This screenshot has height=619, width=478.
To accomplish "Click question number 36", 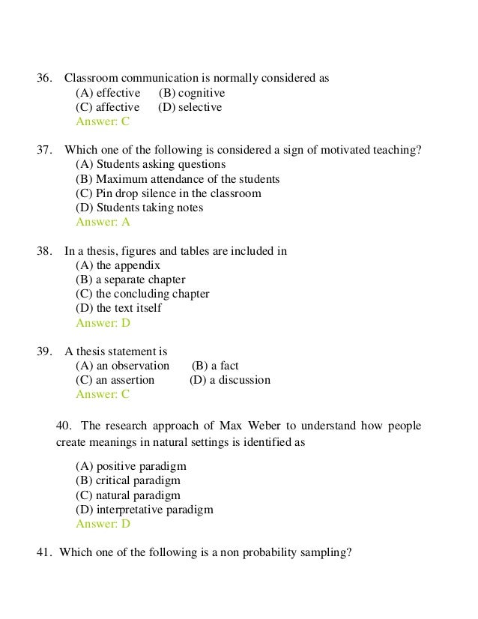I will click(x=44, y=78).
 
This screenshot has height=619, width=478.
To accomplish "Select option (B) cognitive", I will click(x=192, y=93).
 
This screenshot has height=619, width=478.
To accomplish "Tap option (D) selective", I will click(x=190, y=107).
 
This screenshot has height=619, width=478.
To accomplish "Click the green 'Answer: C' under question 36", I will click(x=103, y=121).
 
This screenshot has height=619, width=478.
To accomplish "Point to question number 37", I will click(x=44, y=150).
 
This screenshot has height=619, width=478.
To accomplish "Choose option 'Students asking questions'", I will click(x=151, y=164).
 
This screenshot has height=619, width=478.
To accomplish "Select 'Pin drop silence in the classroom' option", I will click(x=169, y=193).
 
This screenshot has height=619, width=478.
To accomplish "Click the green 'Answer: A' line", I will click(x=103, y=222).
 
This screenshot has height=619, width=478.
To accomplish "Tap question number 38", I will click(x=44, y=251).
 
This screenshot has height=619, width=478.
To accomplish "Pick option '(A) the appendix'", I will click(x=118, y=265).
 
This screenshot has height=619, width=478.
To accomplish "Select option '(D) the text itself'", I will click(x=118, y=308).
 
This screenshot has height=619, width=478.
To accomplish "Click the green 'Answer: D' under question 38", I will click(x=103, y=323).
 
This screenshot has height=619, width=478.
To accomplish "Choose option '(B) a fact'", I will click(x=215, y=366).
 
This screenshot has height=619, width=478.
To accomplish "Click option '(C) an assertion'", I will click(x=115, y=380).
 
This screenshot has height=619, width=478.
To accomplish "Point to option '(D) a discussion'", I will click(x=230, y=380).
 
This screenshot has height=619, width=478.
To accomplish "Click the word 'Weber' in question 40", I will click(x=270, y=426).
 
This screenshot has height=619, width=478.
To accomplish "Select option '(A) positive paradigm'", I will click(x=131, y=466).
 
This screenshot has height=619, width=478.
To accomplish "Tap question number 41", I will click(x=44, y=553).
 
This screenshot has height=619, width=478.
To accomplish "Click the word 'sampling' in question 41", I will click(x=327, y=553).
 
